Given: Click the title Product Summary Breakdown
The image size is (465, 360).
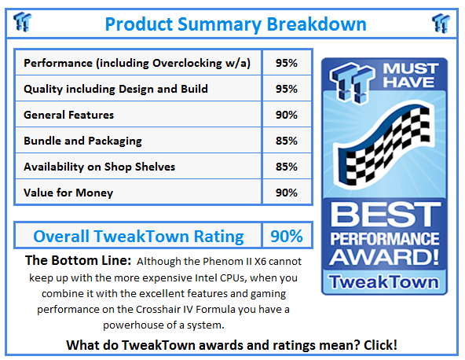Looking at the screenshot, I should pyautogui.click(x=235, y=24).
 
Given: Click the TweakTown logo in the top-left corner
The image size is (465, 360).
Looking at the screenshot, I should pyautogui.click(x=24, y=24).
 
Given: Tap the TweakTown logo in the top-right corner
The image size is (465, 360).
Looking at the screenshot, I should pyautogui.click(x=441, y=24).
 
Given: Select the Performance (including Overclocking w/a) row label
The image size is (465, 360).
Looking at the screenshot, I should pyautogui.click(x=137, y=63).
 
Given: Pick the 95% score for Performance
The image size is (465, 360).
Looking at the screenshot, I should pyautogui.click(x=287, y=63).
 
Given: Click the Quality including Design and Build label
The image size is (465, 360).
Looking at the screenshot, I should pyautogui.click(x=115, y=89).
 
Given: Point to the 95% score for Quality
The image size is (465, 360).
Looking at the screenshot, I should pyautogui.click(x=287, y=89).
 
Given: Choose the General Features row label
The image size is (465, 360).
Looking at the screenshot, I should pyautogui.click(x=68, y=115).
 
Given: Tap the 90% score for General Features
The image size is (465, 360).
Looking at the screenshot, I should pyautogui.click(x=287, y=115).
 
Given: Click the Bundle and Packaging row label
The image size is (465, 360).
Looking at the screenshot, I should pyautogui.click(x=82, y=141).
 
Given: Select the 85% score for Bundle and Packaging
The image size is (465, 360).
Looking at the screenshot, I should pyautogui.click(x=287, y=141).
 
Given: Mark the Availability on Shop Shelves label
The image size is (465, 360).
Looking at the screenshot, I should pyautogui.click(x=100, y=167).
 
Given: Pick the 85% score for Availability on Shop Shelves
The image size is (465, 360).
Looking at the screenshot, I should pyautogui.click(x=287, y=167).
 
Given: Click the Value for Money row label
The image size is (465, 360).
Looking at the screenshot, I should pyautogui.click(x=68, y=193).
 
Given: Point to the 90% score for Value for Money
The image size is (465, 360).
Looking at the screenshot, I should pyautogui.click(x=287, y=193).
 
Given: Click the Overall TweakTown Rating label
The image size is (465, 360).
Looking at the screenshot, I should pyautogui.click(x=138, y=236).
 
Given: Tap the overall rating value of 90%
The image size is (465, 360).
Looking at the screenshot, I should pyautogui.click(x=287, y=236).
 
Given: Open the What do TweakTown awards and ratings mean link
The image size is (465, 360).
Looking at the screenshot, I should pyautogui.click(x=232, y=344).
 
